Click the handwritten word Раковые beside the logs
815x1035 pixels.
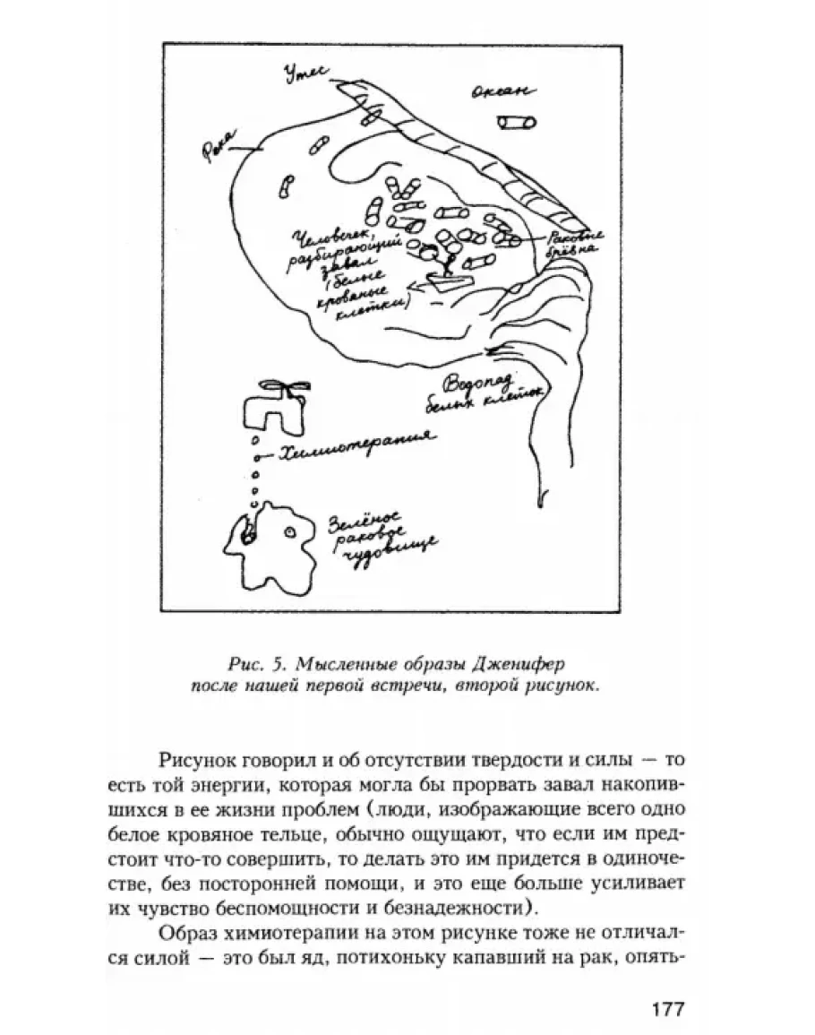[577, 236]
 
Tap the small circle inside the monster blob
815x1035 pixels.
[289, 532]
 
